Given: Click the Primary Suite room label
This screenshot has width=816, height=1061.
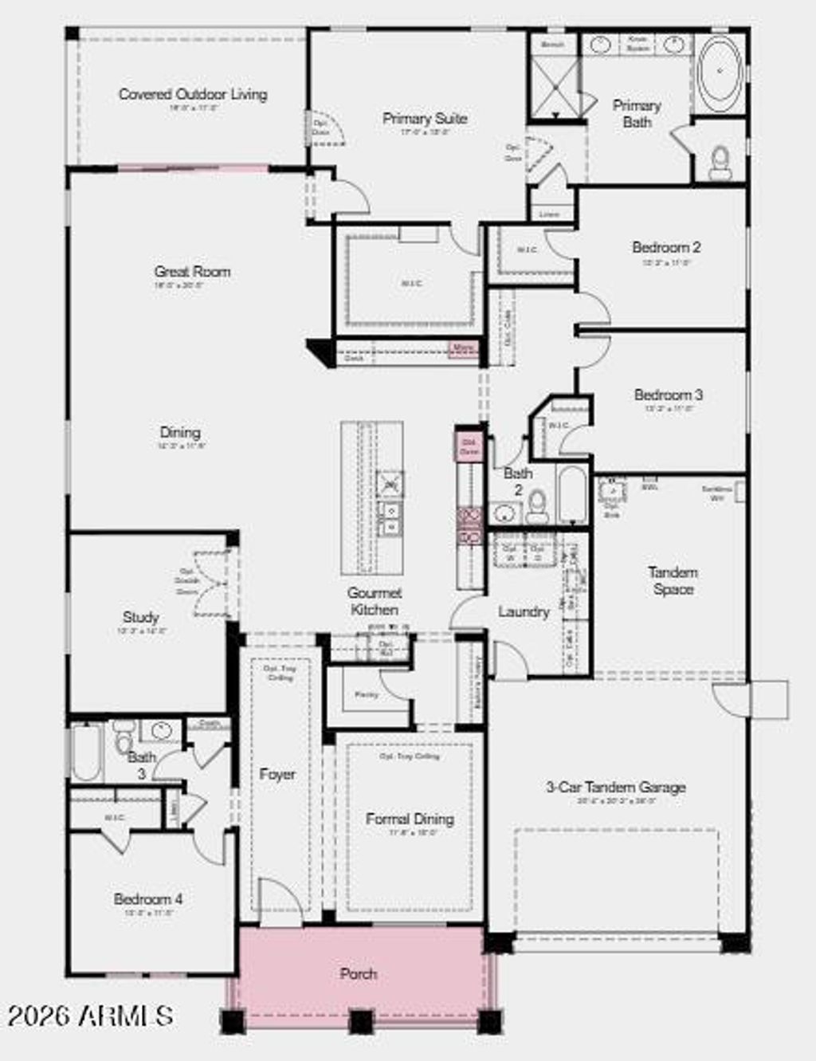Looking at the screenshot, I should point(425,119).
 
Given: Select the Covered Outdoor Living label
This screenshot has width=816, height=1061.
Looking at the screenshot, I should point(193,94).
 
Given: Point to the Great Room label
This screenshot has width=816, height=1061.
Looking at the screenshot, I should point(192,272).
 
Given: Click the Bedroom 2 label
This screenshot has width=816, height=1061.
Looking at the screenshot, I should point(666,247).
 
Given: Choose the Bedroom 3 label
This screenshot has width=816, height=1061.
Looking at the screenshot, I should point(668,395).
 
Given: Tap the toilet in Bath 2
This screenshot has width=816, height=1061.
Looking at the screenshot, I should point(536,505).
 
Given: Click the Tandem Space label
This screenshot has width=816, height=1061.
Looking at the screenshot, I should point(673,581).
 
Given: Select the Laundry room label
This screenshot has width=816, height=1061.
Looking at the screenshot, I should point(524,611).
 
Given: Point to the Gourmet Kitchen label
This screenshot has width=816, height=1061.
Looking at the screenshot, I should point(375,601).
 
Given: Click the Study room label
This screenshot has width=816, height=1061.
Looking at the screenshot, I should point(141,617).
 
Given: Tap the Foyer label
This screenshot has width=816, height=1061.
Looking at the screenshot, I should point(277,774).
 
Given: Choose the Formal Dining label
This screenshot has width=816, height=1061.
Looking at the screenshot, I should point(410,819).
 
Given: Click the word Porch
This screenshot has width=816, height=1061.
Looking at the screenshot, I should point(359,973).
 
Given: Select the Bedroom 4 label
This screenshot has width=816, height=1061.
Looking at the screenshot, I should point(148,899).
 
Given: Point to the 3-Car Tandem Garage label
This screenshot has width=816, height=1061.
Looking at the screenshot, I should point(615,787).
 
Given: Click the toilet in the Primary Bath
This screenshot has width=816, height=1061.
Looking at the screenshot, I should point(720,161).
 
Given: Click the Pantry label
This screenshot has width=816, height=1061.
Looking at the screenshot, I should point(367,695).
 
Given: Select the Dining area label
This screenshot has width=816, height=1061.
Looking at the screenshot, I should point(180,432).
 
